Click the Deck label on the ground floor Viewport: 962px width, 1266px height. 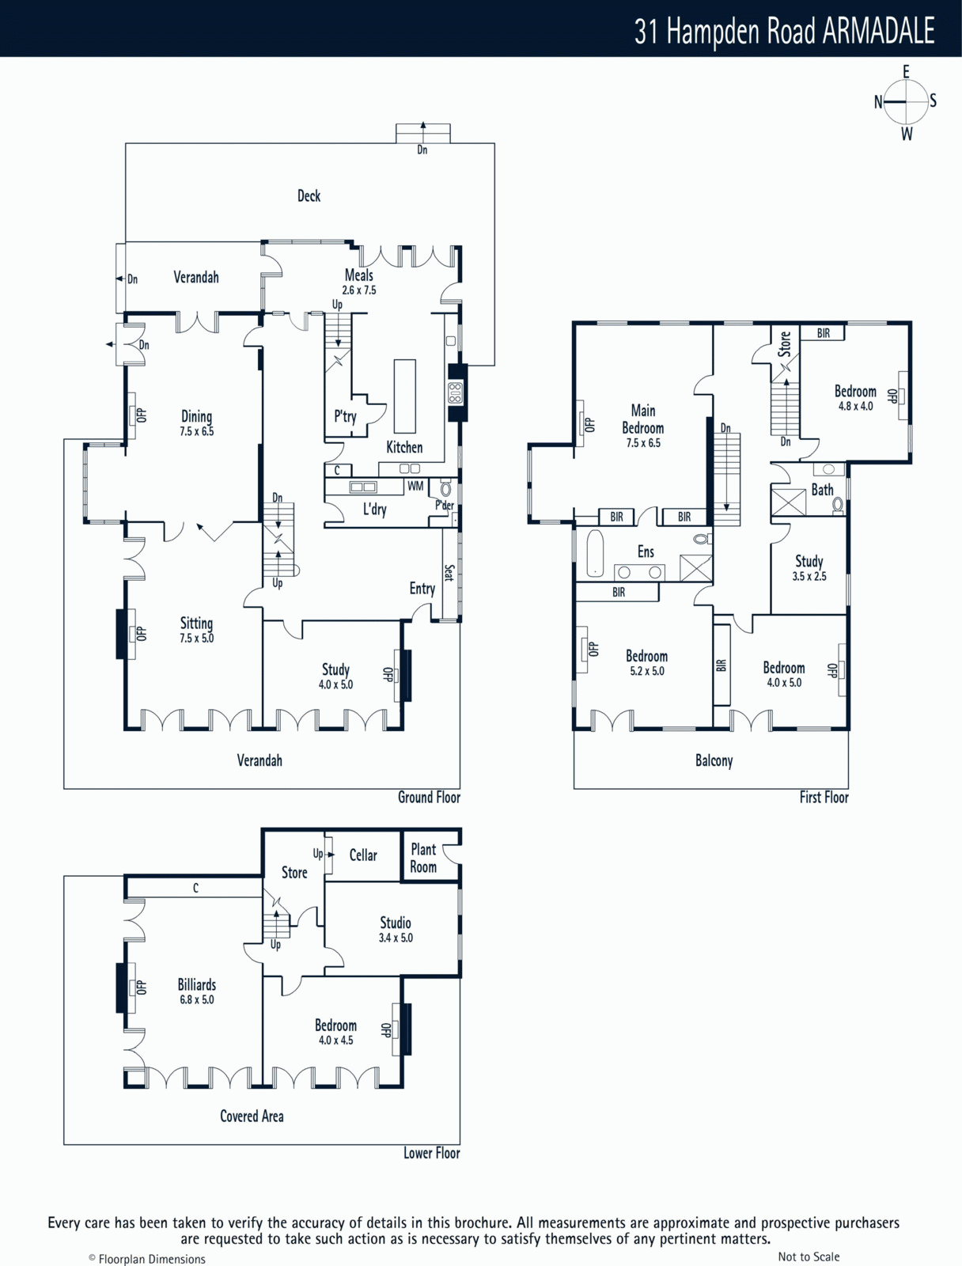click(x=309, y=196)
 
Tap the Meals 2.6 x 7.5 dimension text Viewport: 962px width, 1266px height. click(x=359, y=290)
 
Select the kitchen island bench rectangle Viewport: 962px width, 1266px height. click(x=404, y=396)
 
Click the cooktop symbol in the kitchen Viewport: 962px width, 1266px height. click(x=456, y=392)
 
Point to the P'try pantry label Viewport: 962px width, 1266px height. click(x=345, y=416)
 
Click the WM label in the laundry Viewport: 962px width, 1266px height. click(x=415, y=486)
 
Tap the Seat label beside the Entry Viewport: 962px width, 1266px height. click(x=449, y=573)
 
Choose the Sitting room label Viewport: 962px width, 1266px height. click(x=196, y=624)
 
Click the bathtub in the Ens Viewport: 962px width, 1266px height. click(x=595, y=554)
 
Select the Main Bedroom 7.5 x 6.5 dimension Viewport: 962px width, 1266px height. click(x=643, y=443)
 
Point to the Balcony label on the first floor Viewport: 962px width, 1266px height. click(x=714, y=760)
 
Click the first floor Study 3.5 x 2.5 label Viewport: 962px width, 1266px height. click(x=809, y=567)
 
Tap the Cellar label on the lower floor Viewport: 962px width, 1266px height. click(x=363, y=855)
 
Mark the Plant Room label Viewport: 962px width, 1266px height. click(x=423, y=859)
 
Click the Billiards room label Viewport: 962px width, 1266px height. click(x=196, y=984)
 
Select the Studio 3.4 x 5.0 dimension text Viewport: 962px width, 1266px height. click(x=396, y=938)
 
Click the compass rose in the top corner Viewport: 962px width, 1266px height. click(x=906, y=103)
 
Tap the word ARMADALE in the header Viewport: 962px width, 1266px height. click(x=878, y=31)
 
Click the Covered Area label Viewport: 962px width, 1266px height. click(x=252, y=1116)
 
